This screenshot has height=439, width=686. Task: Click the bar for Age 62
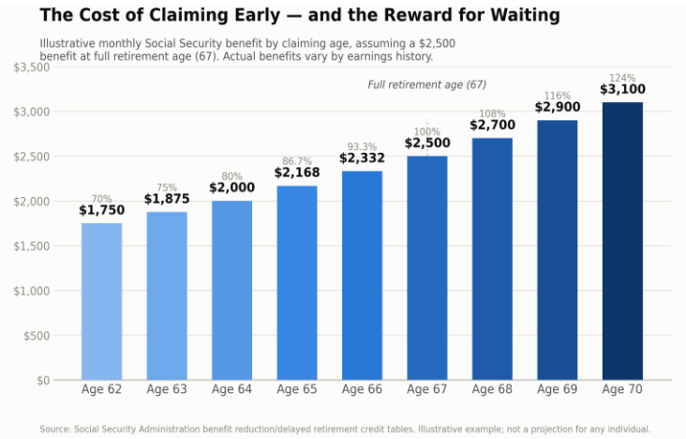point(101,301)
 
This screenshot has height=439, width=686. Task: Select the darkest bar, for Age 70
point(622,241)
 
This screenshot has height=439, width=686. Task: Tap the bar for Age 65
point(297,282)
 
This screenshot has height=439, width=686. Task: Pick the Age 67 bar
point(427,267)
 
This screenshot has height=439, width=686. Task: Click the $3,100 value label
point(622,89)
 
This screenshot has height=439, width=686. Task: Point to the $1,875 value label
point(167,199)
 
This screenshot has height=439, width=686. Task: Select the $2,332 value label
point(362,158)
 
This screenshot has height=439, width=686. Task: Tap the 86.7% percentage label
point(297,161)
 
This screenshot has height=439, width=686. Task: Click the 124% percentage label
point(622,78)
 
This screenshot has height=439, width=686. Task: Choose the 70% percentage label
point(101,199)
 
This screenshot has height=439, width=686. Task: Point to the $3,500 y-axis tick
point(32,68)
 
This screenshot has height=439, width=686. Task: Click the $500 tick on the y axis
point(37,336)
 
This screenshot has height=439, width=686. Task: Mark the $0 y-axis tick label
point(43,381)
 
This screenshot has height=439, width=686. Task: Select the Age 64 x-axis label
point(231,389)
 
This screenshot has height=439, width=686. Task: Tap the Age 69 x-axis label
point(558,389)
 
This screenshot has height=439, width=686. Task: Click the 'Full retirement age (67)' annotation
point(427,85)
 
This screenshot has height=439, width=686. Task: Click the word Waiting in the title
point(525,15)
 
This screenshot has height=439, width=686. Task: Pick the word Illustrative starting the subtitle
point(67,44)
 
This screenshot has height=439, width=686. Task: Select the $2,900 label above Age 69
point(558,107)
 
